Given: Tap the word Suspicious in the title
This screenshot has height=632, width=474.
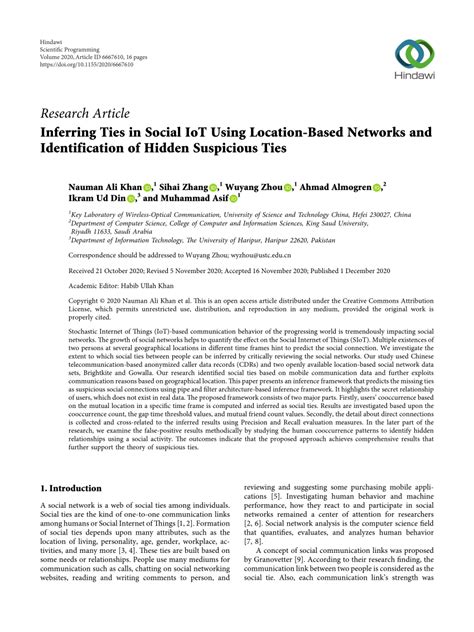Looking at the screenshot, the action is point(257,149).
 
